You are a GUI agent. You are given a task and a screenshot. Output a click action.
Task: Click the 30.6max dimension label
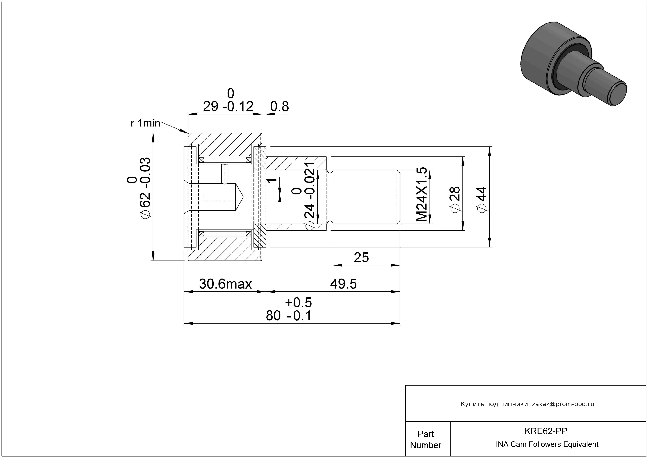[x=225, y=284]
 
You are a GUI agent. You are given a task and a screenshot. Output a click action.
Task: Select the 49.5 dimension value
[x=343, y=284]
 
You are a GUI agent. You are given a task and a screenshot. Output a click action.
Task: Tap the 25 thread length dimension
[x=361, y=258]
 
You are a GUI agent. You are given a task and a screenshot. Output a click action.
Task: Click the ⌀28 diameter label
[x=455, y=200]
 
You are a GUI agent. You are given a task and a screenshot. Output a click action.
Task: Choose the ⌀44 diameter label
[x=482, y=200]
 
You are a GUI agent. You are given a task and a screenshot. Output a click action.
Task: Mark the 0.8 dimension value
[x=279, y=107]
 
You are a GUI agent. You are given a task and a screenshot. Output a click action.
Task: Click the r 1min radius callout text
[x=145, y=123]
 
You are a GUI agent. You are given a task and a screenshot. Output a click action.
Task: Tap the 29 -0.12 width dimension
[x=228, y=107]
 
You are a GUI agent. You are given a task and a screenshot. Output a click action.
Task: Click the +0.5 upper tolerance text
[x=298, y=303]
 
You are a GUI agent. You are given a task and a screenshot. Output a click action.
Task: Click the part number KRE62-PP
[x=546, y=431]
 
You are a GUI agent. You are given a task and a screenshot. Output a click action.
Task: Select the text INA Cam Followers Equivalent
[x=547, y=444]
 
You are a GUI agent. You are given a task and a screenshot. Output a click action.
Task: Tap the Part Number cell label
[x=425, y=439]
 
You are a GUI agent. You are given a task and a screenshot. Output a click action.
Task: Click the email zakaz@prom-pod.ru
[x=563, y=404]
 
